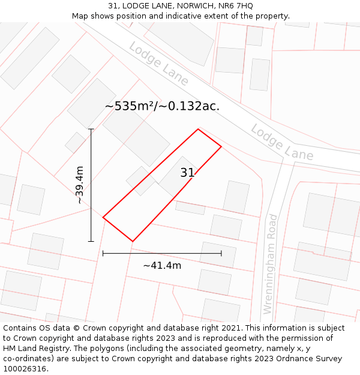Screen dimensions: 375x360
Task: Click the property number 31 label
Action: click(187, 173)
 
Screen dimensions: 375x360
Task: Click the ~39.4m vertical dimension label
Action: click(80, 185)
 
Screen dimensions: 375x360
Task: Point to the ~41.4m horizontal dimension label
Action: click(162, 265)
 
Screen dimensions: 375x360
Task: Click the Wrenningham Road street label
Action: click(271, 264)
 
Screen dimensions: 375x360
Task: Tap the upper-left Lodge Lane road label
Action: click(158, 64)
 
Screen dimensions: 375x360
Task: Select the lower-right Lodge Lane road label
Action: click(282, 142)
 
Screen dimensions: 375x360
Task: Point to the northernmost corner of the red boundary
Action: click(198, 129)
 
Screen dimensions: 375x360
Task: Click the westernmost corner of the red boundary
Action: click(103, 217)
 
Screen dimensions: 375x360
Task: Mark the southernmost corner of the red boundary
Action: click(133, 241)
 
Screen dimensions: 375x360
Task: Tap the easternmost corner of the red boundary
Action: click(221, 146)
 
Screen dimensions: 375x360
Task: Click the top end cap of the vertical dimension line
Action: click(91, 129)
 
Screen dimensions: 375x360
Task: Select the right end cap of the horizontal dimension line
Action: click(221, 253)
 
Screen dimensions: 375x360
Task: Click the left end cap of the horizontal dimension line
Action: click(103, 253)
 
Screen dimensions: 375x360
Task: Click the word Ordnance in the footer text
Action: click(286, 358)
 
